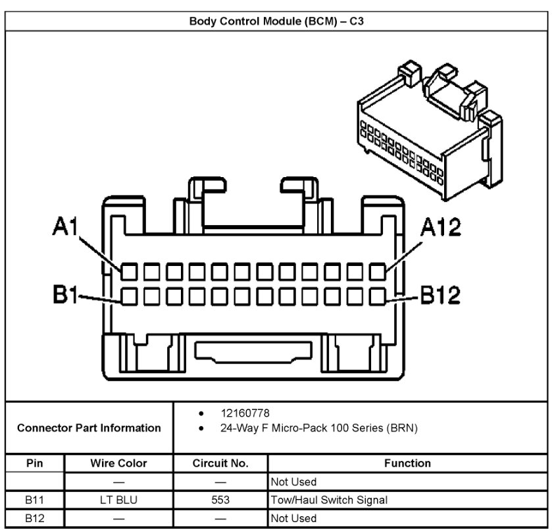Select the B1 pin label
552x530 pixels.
(66, 296)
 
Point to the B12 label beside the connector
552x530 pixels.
(440, 296)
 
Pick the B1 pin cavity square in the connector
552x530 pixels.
(128, 296)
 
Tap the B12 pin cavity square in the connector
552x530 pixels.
(378, 296)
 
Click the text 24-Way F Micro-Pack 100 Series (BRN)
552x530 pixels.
(321, 428)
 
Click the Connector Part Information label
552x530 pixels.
(89, 428)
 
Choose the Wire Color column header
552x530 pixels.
(118, 464)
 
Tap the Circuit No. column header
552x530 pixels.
(220, 464)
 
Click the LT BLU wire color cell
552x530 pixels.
(118, 500)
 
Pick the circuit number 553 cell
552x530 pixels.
(220, 500)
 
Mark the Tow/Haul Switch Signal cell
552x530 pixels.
(329, 500)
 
